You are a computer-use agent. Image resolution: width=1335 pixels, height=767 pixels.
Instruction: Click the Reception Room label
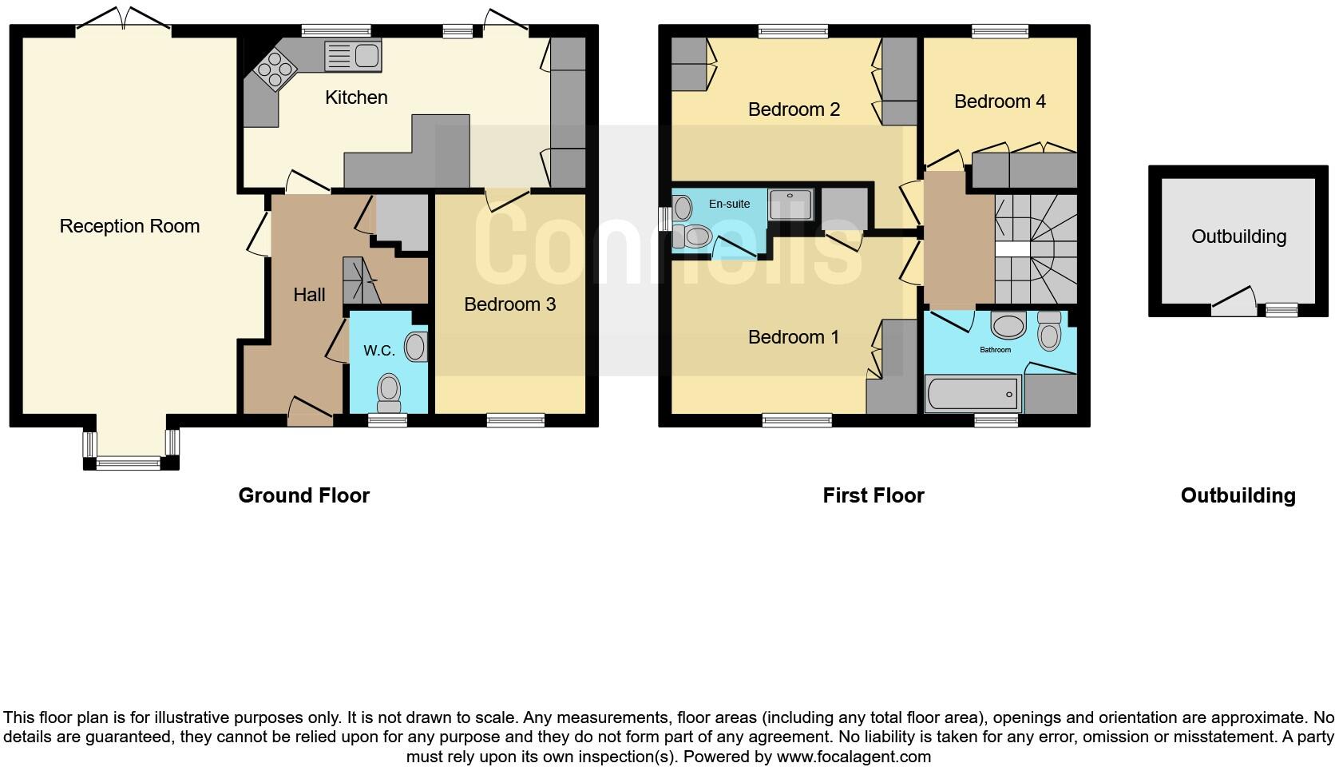129,226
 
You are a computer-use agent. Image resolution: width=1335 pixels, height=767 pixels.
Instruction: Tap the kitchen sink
352,56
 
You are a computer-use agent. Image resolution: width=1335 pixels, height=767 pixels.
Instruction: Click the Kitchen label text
356,97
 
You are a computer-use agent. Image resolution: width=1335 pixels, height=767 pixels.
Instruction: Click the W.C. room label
379,350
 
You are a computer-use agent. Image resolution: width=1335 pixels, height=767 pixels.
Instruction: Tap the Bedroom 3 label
509,304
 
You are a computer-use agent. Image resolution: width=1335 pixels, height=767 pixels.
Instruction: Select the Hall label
309,295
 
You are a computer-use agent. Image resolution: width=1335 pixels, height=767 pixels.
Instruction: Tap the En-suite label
729,204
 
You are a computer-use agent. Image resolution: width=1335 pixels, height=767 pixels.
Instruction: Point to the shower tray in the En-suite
790,205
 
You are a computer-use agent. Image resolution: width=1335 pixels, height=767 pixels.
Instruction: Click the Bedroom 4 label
1000,101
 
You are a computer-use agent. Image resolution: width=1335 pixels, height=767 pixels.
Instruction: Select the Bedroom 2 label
794,109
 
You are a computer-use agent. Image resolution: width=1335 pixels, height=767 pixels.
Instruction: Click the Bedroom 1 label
794,337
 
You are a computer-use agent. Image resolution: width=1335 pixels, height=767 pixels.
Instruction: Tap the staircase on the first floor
1035,249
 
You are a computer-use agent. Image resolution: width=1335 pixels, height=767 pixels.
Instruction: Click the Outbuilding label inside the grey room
1238,236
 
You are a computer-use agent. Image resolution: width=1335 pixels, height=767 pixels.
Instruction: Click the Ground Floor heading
303,495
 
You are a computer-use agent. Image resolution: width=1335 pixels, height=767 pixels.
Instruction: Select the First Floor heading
873,495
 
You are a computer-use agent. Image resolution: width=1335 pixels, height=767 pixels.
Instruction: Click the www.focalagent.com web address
853,756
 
